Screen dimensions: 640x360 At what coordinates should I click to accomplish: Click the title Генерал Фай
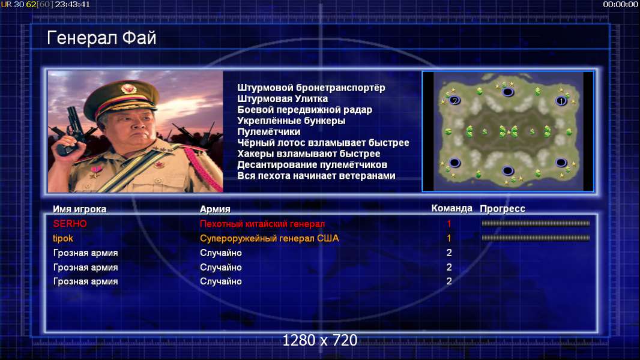(x=101, y=38)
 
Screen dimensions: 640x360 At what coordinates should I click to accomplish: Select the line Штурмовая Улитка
(x=282, y=98)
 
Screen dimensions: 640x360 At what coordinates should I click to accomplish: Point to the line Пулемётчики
(x=269, y=131)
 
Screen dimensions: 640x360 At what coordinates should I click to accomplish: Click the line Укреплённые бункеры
(x=291, y=121)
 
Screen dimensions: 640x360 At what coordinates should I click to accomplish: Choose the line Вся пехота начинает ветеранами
(x=316, y=176)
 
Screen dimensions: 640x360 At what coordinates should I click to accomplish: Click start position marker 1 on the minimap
(x=561, y=101)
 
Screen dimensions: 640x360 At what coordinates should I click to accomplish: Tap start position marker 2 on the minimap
(x=454, y=100)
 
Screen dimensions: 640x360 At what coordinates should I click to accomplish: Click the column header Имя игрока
(x=80, y=209)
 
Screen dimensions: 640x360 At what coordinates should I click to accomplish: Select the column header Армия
(x=215, y=209)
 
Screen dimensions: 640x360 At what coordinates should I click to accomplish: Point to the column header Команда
(x=452, y=208)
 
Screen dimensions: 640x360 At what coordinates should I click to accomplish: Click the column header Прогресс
(x=503, y=209)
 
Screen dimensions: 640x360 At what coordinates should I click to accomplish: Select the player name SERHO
(x=70, y=223)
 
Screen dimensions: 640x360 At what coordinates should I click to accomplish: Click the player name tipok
(x=63, y=238)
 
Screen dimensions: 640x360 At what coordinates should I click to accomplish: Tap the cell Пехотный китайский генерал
(x=262, y=224)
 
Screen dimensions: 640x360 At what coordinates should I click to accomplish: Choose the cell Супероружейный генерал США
(x=270, y=238)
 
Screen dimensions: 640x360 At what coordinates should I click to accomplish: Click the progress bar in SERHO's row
(x=536, y=223)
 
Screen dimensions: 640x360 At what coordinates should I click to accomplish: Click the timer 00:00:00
(x=620, y=4)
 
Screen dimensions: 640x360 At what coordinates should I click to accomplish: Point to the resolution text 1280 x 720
(x=320, y=340)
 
